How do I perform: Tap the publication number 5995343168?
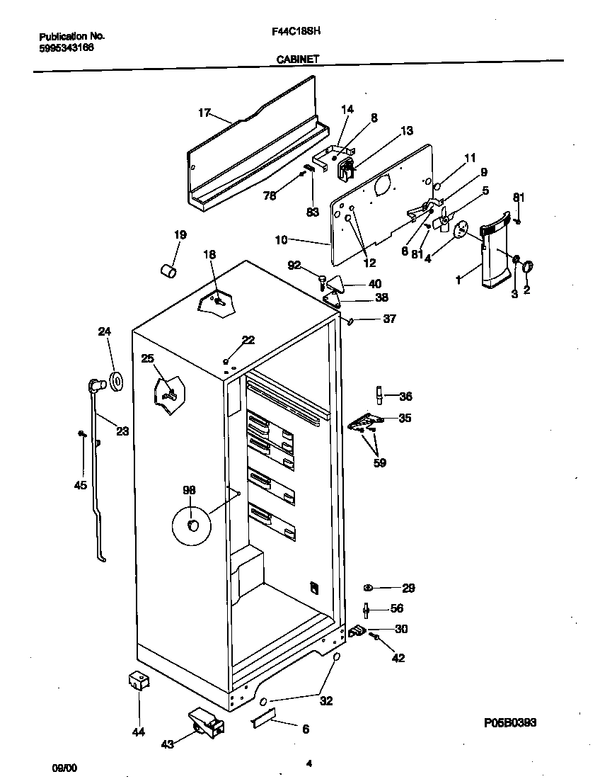[x=66, y=47]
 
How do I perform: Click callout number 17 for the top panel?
[x=204, y=112]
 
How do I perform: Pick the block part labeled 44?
[x=138, y=681]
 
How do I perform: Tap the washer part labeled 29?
[x=369, y=588]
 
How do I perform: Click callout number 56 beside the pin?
[x=397, y=608]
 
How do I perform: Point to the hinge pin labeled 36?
[x=379, y=394]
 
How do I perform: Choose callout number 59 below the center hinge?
[x=381, y=464]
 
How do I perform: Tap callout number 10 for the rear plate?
[x=281, y=240]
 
